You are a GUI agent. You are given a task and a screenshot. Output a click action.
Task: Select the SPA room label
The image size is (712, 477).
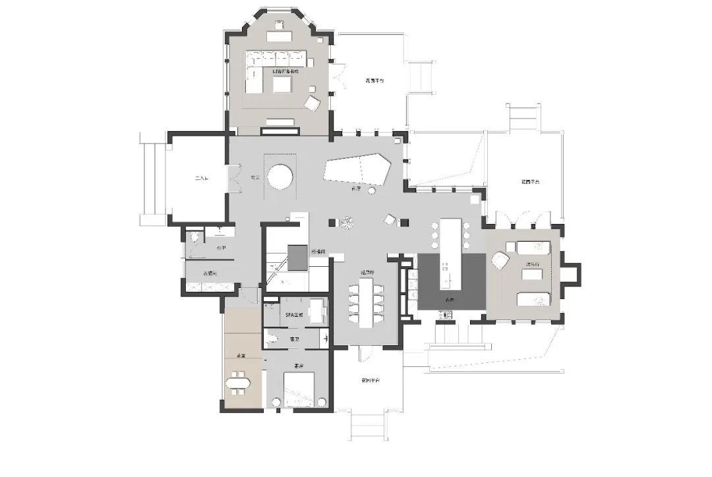pos(293,316)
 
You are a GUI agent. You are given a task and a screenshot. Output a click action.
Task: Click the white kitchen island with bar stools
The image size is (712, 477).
pos(450,254)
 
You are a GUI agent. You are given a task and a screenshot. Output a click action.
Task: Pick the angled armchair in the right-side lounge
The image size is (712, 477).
pos(500,261)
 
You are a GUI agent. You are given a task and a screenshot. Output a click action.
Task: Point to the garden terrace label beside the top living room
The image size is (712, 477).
pos(374,80)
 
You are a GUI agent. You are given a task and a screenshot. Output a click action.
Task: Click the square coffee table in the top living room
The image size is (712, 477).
pos(282,84)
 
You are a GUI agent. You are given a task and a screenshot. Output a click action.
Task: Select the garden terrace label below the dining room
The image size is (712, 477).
pos(370,380)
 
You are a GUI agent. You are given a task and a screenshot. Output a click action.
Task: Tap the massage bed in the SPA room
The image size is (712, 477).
pos(318,311)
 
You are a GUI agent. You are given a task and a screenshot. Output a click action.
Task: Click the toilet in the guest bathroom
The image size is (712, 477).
pos(273,339)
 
